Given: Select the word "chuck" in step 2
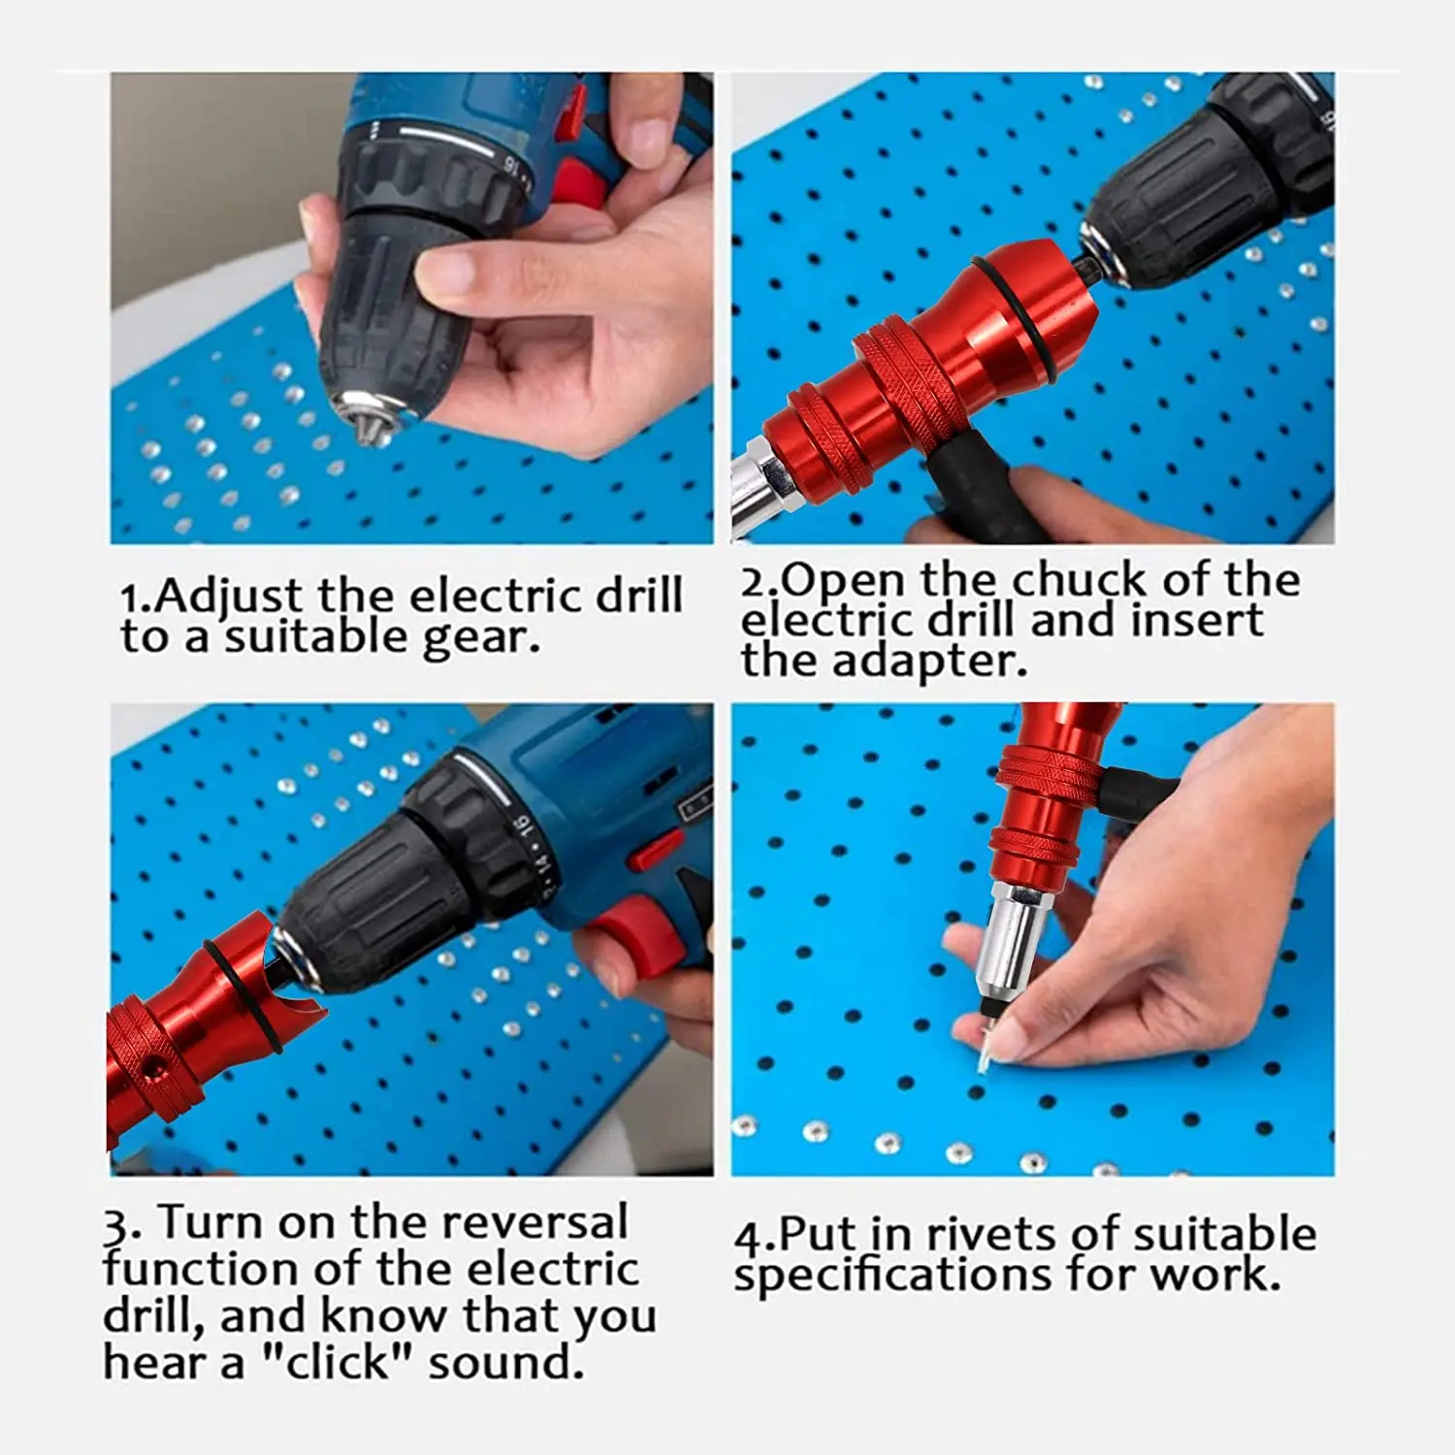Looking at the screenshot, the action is click(1079, 580).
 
